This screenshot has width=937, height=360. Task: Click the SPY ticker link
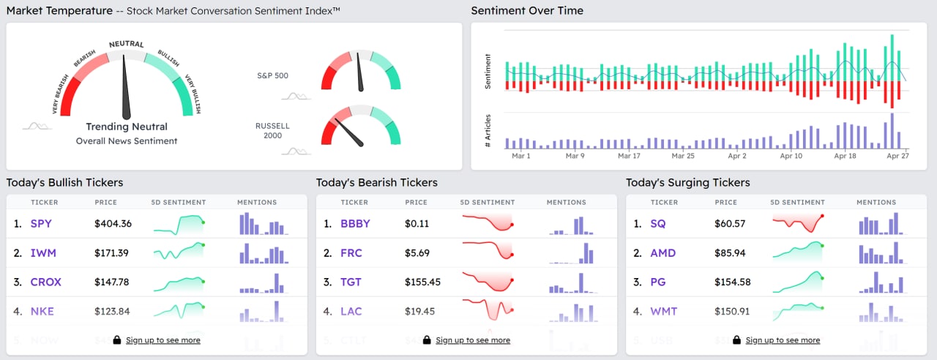tap(41, 224)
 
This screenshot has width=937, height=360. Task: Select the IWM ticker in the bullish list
tap(43, 253)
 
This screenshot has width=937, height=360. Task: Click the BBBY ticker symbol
tap(355, 224)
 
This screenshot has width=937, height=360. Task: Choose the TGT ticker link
tap(351, 282)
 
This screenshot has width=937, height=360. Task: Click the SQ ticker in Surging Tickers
tap(658, 224)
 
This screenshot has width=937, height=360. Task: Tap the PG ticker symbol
tap(659, 282)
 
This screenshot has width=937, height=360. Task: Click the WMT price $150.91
tap(732, 312)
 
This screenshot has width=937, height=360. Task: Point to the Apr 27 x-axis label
tap(897, 156)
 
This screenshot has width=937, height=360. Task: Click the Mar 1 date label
tap(521, 156)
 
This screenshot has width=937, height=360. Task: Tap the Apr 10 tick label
tap(791, 156)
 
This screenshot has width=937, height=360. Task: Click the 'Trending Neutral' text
tap(127, 127)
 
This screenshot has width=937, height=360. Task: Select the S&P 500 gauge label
tap(272, 75)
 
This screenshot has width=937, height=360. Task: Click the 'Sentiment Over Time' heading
tap(527, 11)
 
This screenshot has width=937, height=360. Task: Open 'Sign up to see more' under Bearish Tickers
tap(473, 340)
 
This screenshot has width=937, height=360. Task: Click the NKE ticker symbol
tap(42, 312)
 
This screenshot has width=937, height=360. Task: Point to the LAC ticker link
tap(351, 312)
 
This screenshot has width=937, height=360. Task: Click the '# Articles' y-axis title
tap(488, 132)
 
